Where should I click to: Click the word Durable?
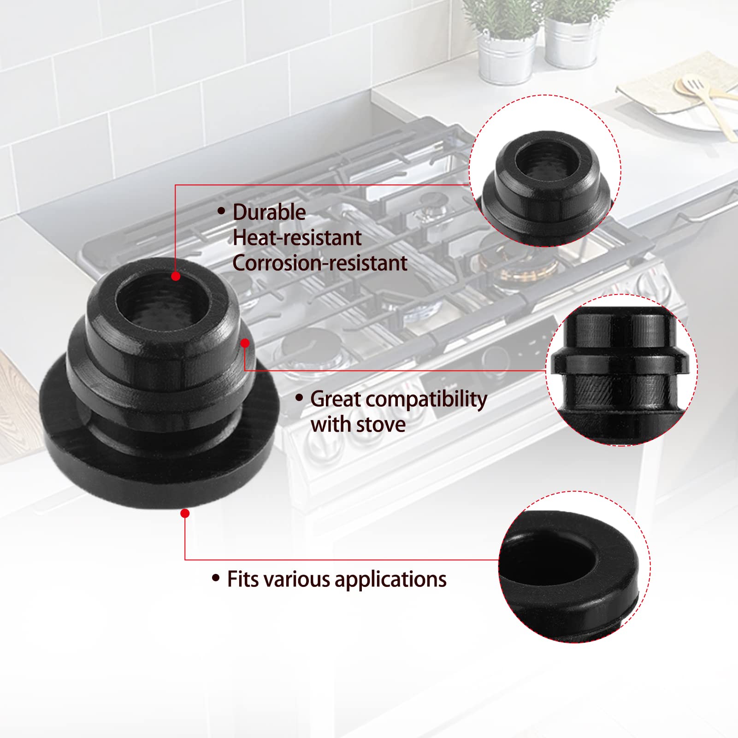coord(269,213)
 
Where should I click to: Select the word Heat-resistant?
coord(297,238)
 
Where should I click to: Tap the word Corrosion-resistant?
coord(320,263)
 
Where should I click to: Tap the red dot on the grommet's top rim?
coord(176,276)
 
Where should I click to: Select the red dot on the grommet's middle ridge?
coord(245,343)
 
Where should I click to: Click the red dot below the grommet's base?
coord(185,513)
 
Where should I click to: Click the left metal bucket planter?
coord(506,55)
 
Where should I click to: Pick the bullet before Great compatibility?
coord(299,397)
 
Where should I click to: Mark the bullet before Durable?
coord(221,211)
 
